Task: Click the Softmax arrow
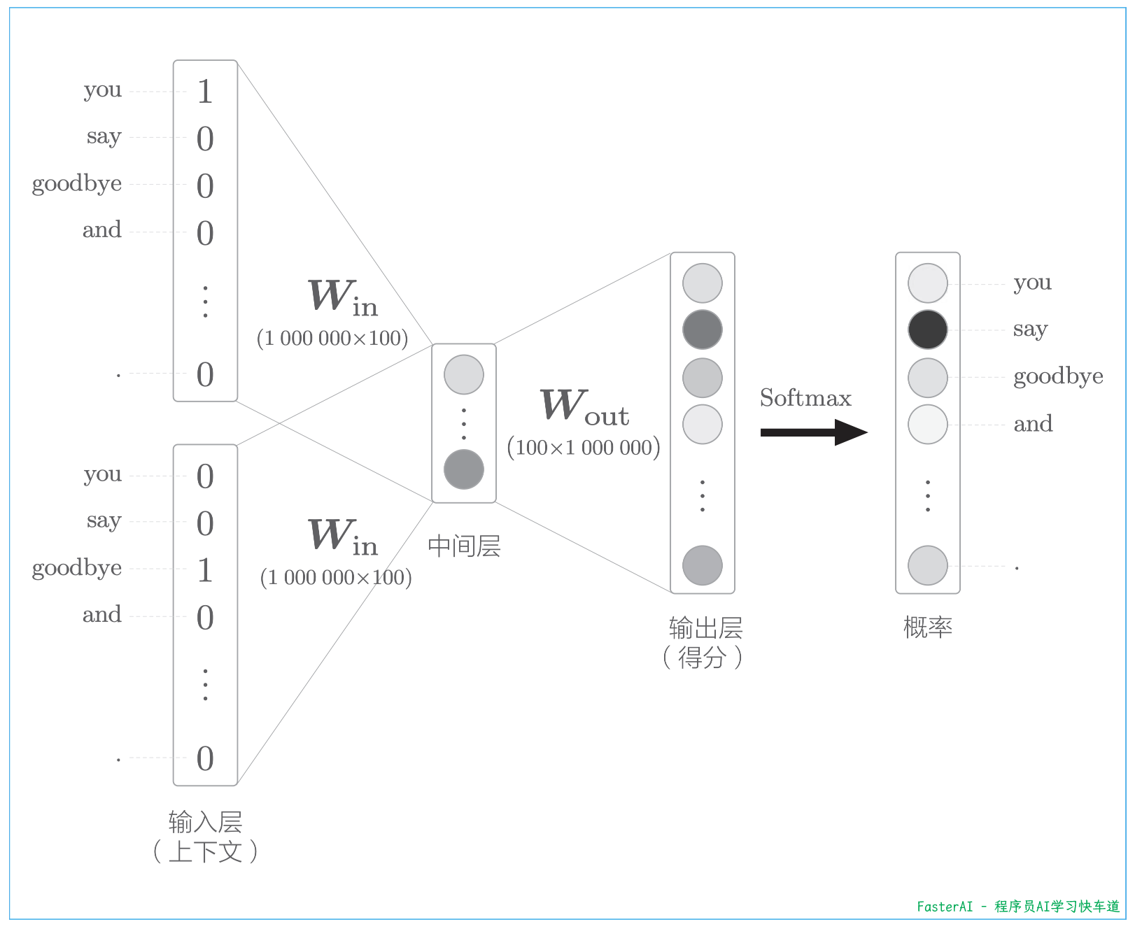coord(813,432)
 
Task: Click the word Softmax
coord(805,398)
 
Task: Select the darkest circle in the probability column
coord(927,329)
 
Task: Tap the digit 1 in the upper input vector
coord(204,92)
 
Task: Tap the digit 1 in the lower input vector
coord(204,570)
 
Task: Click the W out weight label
coord(584,406)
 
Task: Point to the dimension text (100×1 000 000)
coord(584,448)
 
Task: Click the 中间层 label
coord(464,546)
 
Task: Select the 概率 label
coord(927,627)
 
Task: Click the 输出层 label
coord(705,628)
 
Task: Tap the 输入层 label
coord(205,822)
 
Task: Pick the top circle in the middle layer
coord(464,374)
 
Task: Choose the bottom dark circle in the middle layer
coord(464,469)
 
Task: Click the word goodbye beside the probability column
coord(1058,377)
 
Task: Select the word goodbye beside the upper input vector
coord(77,184)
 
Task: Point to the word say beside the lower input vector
coord(104,521)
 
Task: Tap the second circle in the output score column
coord(703,329)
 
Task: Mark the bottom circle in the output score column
coord(703,565)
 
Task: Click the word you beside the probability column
coord(1032,283)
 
